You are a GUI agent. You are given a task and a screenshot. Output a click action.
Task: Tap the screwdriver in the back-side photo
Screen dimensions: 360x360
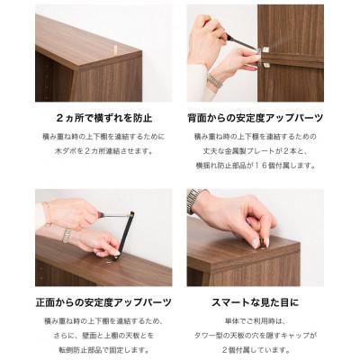(238, 40)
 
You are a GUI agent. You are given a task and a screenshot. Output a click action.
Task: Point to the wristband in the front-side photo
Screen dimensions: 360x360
(66, 235)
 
